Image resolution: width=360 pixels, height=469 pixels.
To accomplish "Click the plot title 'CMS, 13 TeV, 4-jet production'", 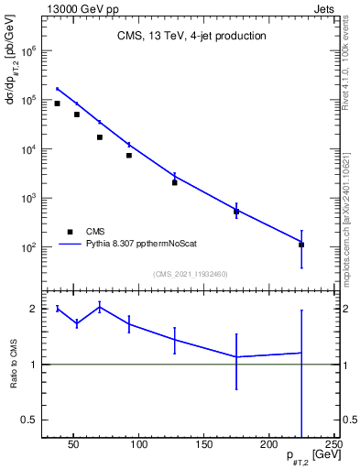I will [x=191, y=37].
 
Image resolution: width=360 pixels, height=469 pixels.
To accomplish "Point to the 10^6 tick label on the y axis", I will [x=30, y=51].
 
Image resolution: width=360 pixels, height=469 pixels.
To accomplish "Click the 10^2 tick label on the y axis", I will [x=30, y=247].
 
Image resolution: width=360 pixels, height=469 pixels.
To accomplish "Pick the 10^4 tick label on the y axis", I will [x=30, y=149].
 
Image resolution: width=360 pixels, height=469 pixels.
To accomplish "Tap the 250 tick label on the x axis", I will [x=332, y=446].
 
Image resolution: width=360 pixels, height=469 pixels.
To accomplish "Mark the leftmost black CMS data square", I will [x=57, y=104].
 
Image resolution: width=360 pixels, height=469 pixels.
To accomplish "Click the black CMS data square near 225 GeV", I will [x=301, y=245].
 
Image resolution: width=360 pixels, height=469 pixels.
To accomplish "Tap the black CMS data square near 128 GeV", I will [x=174, y=182].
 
